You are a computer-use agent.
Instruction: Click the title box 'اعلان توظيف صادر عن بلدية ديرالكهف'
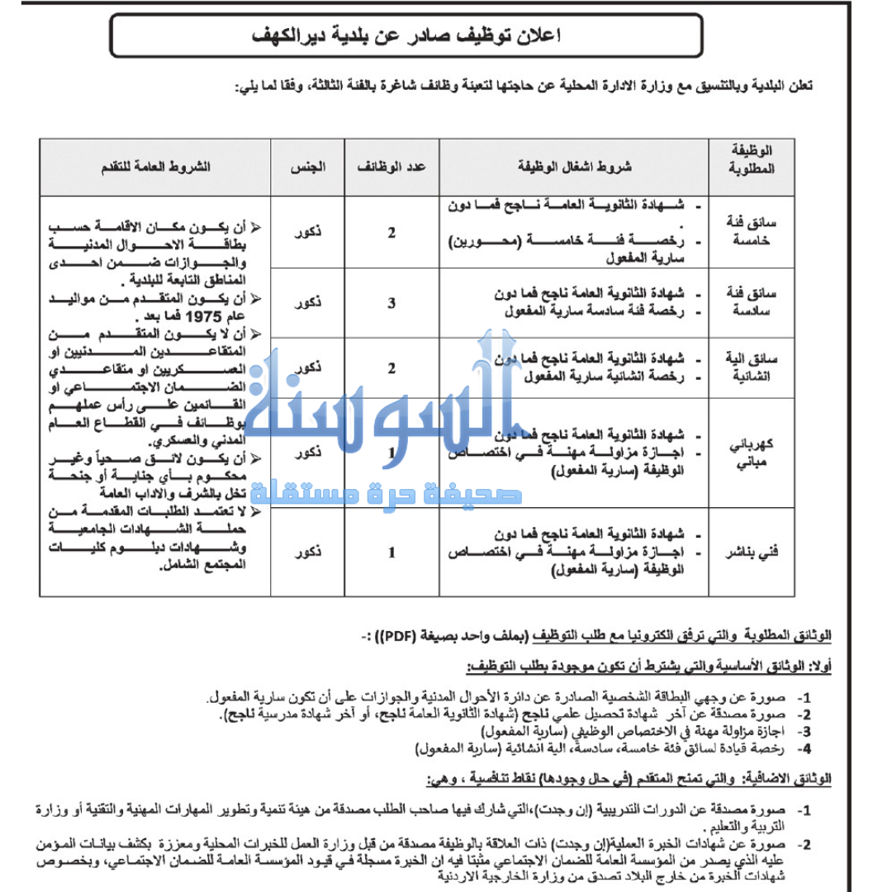click(406, 36)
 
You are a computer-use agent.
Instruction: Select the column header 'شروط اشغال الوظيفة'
click(572, 166)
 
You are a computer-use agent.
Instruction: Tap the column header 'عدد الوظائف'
click(391, 166)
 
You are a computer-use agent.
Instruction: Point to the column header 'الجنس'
click(307, 166)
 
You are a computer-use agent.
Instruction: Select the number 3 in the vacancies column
click(392, 302)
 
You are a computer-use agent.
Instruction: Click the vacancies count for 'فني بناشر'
click(392, 552)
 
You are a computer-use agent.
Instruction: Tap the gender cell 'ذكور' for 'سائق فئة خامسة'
click(307, 232)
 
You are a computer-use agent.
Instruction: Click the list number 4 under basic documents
click(805, 749)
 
